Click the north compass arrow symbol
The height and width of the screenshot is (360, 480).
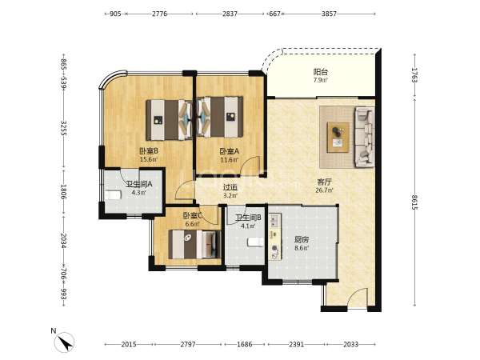[x=64, y=342]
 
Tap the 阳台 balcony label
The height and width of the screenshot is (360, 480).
[x=321, y=72]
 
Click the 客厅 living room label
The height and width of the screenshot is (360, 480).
[x=324, y=182]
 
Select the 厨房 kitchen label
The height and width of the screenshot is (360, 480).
[x=302, y=239]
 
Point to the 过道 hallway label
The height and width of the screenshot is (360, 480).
[x=230, y=187]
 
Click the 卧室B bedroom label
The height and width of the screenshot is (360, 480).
[x=149, y=151]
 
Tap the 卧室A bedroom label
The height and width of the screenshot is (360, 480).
[x=230, y=151]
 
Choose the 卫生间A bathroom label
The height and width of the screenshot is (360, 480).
[x=139, y=184]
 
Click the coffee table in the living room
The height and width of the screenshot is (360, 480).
[x=338, y=137]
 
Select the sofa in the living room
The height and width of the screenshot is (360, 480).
[x=365, y=137]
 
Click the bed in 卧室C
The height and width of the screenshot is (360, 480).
[x=194, y=244]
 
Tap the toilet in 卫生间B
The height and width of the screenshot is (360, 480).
[x=255, y=242]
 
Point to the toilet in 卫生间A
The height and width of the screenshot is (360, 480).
[x=113, y=195]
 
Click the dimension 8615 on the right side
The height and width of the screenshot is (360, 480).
[x=414, y=202]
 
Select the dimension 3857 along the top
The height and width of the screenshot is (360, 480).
[x=329, y=14]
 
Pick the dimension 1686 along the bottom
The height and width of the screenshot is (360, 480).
[x=245, y=344]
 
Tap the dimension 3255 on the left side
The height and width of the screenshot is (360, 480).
[x=64, y=128]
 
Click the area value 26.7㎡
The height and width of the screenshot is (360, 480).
[x=324, y=190]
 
